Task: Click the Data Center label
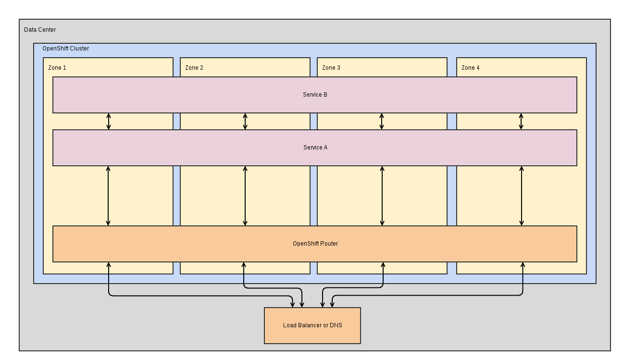click(x=40, y=30)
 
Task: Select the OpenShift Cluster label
click(x=65, y=49)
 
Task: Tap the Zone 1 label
click(x=57, y=68)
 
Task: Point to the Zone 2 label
click(x=194, y=68)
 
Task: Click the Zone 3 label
click(x=331, y=68)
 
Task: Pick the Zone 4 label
click(x=471, y=68)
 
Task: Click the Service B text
click(x=315, y=95)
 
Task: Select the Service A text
click(x=315, y=148)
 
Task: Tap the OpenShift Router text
click(x=315, y=244)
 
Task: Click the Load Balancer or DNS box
click(x=312, y=325)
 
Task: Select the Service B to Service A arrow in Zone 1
click(x=109, y=122)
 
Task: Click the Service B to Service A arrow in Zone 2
click(x=245, y=122)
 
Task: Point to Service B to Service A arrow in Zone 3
click(x=382, y=122)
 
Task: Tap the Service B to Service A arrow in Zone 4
click(x=521, y=122)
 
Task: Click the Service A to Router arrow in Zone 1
click(x=108, y=196)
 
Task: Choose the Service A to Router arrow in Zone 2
click(x=245, y=196)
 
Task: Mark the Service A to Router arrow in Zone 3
click(x=382, y=196)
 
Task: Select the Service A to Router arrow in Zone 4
click(x=522, y=196)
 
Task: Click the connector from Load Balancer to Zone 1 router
click(x=192, y=296)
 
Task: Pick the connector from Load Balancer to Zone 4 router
click(x=433, y=296)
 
